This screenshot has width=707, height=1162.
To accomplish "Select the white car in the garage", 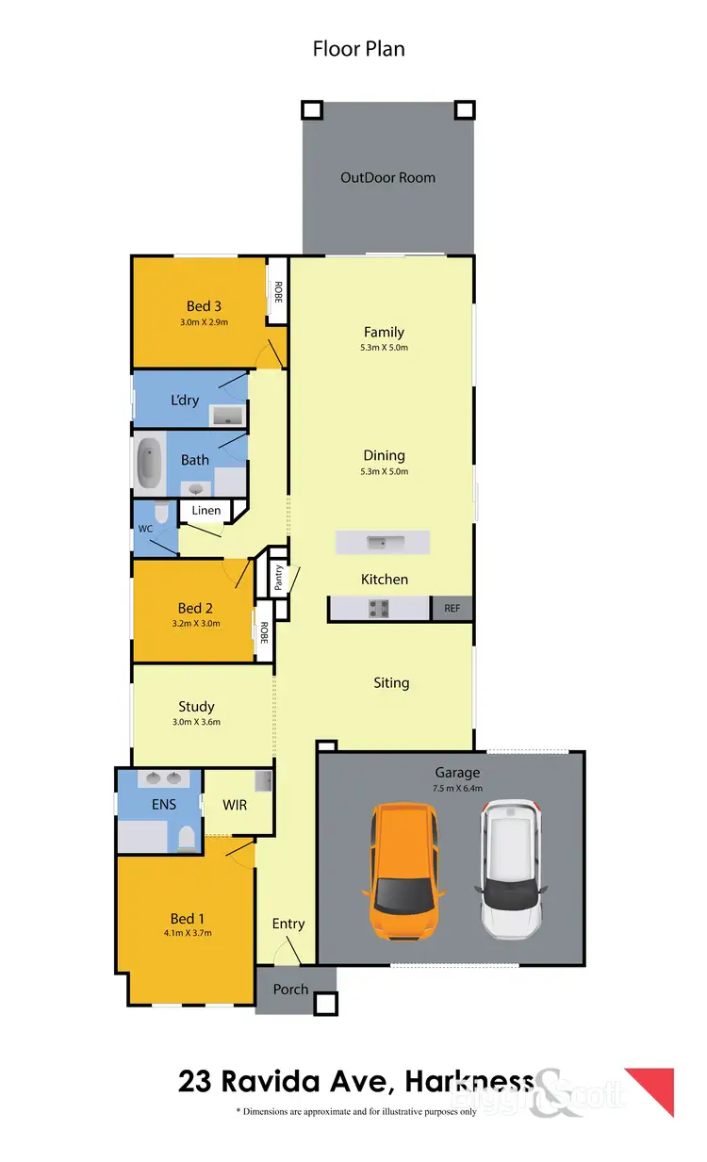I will coord(511,869).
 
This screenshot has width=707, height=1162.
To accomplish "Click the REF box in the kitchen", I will coord(452,609).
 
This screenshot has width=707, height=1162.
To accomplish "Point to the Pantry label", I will coord(279,578).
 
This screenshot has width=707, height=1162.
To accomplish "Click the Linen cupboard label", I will coord(206,511).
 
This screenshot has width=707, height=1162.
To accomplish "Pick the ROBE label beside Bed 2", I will coord(264,632).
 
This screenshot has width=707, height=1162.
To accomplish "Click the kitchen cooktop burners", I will coord(379,609).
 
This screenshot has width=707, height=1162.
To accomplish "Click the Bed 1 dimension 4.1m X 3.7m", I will coord(189,933).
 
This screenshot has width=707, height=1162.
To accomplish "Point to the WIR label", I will coord(235,806).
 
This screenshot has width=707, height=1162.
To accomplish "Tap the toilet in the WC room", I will coord(162,515).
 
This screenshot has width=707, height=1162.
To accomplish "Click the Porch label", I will coord(290,990).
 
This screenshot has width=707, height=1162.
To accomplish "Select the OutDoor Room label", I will coord(387,177).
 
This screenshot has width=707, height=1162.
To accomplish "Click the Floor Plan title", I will coord(358,48).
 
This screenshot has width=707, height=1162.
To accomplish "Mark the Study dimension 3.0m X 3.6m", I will coord(197,722).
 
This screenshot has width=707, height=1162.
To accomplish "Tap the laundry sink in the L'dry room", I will coord(227,415).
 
